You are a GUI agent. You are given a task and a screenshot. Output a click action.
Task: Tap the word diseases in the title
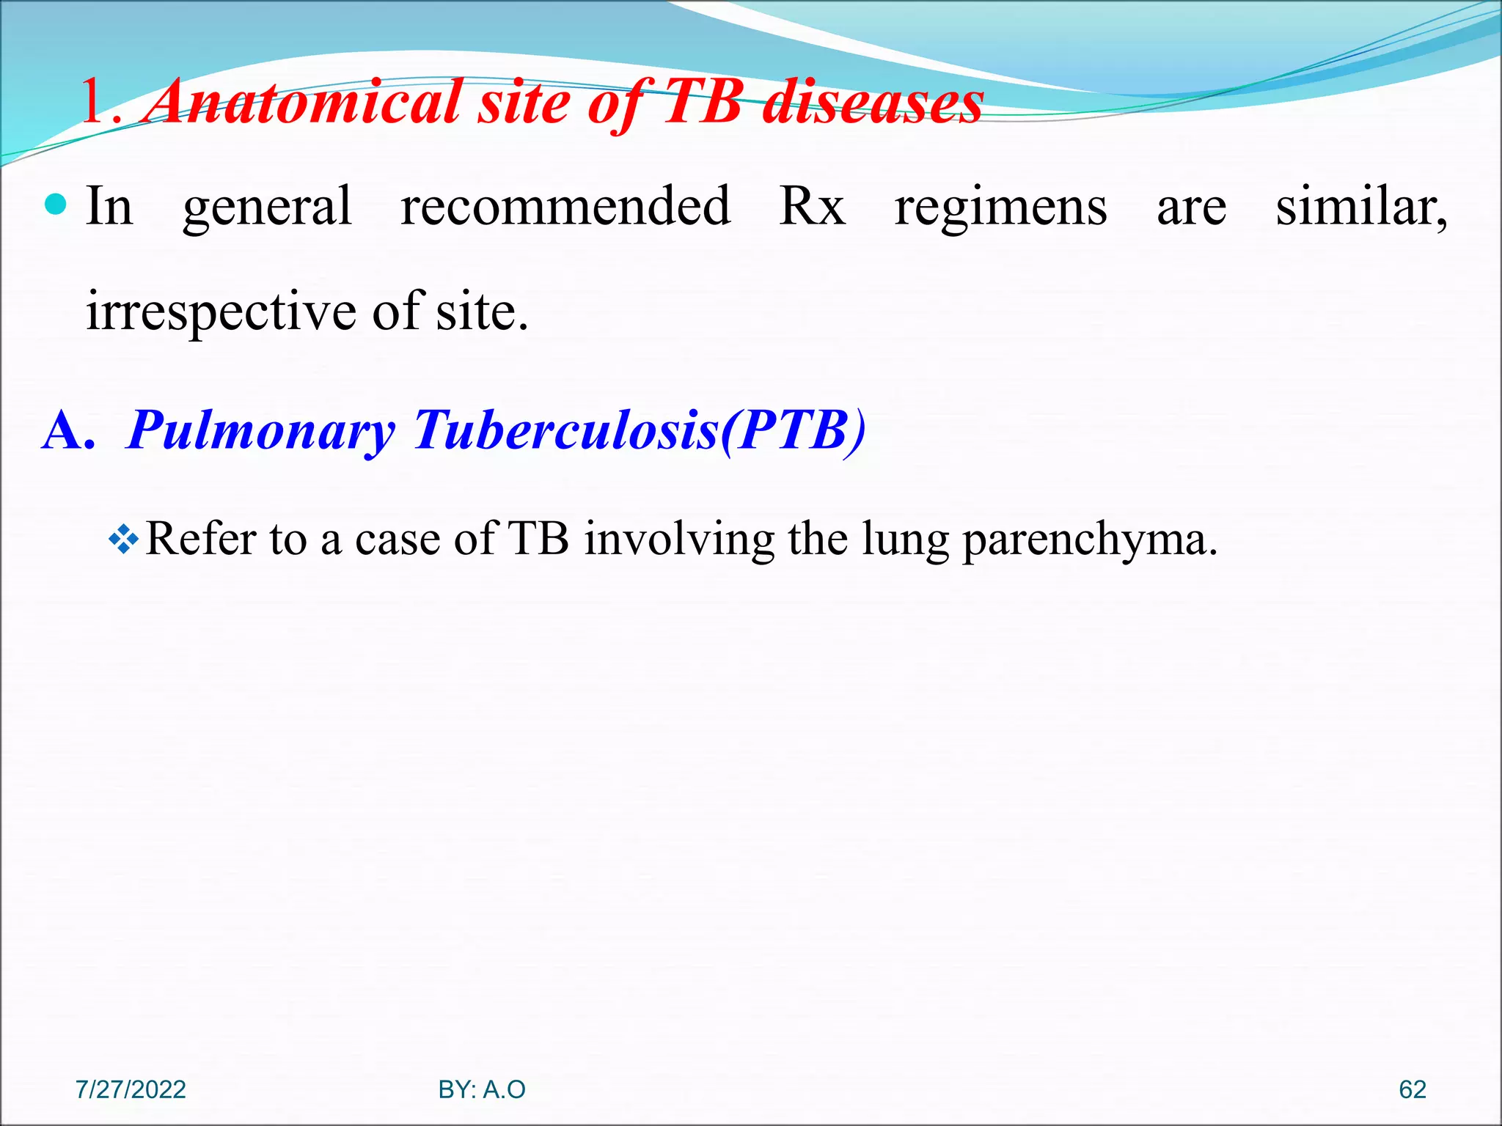(x=873, y=103)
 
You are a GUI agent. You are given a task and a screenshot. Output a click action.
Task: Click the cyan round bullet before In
(x=56, y=205)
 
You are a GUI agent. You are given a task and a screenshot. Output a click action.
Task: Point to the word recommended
(x=565, y=206)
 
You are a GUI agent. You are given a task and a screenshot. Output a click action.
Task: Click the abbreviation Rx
(x=813, y=206)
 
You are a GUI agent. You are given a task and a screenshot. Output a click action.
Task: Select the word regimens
(x=1000, y=207)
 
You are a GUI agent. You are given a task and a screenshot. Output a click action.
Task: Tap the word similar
(x=1360, y=206)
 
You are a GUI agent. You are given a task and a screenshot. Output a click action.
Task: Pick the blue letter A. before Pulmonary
(x=69, y=430)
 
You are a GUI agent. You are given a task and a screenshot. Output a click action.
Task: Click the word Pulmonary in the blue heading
(x=261, y=430)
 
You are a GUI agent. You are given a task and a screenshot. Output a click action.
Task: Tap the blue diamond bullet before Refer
(x=123, y=540)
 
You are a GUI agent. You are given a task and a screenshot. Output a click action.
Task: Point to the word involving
(x=678, y=539)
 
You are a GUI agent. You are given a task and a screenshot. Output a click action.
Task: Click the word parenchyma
(x=1088, y=540)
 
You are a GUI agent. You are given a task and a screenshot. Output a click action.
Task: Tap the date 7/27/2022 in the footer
(x=131, y=1089)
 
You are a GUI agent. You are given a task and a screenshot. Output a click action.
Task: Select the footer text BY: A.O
(x=482, y=1089)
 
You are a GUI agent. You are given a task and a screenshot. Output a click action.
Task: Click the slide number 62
(x=1413, y=1089)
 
